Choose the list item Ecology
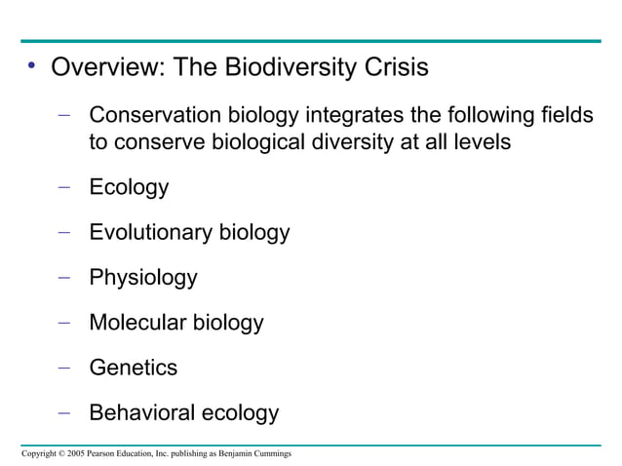pos(129,188)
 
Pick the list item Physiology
pos(143,279)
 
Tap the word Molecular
pos(137,323)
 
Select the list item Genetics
pos(133,368)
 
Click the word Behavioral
pos(140,413)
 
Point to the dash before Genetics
pos(64,368)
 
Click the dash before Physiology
pos(64,278)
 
